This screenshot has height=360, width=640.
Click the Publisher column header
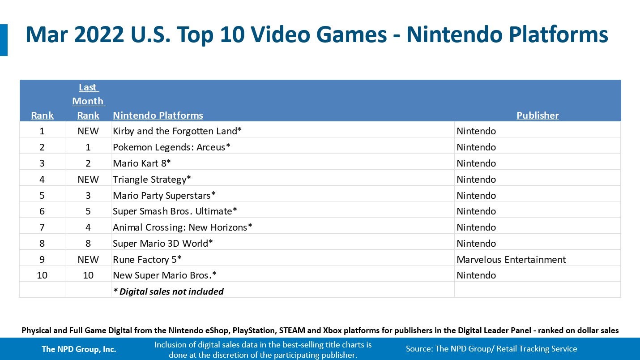[x=538, y=116]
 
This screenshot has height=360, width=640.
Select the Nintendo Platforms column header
[x=158, y=116]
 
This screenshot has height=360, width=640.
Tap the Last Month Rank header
[x=88, y=101]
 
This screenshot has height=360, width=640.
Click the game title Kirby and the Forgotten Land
[x=177, y=131]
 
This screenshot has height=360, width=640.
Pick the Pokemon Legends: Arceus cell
[x=171, y=147]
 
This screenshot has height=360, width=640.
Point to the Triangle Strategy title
[x=152, y=180]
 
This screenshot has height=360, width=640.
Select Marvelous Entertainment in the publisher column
[x=511, y=260]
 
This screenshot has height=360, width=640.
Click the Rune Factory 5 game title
[x=147, y=260]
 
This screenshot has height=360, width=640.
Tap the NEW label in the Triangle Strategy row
[x=88, y=180]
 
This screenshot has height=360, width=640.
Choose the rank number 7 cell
[x=42, y=227]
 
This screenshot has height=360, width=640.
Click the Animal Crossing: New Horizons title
[x=183, y=227]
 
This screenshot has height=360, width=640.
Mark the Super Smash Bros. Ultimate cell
[x=175, y=211]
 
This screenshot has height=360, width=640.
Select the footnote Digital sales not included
[x=168, y=291]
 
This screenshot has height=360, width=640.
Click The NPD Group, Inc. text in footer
[x=79, y=349]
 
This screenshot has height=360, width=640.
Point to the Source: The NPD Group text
[x=491, y=349]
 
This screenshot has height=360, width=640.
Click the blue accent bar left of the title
[x=4, y=40]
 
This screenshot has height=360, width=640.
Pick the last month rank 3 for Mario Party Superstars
[x=88, y=196]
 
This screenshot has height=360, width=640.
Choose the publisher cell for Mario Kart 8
[x=476, y=163]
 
